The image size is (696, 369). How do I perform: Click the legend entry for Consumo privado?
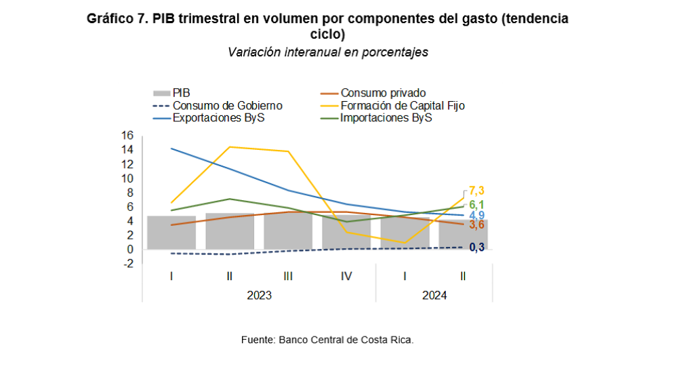[x=383, y=93]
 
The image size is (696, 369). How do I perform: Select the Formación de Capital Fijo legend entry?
[x=402, y=105]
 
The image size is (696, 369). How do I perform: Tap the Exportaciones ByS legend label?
[x=218, y=117]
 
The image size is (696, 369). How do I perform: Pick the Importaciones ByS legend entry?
[x=386, y=117]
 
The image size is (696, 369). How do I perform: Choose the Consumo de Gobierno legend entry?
[x=227, y=105]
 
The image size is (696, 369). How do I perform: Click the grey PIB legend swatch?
[x=161, y=93]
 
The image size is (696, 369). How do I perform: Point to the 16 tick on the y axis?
[x=127, y=135]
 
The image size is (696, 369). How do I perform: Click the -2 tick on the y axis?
[x=127, y=264]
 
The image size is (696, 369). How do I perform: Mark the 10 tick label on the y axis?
[x=127, y=178]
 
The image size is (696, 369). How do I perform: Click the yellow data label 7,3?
[x=478, y=191]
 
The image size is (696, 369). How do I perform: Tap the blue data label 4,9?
[x=477, y=216]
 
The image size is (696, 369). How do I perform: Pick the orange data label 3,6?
[x=477, y=225]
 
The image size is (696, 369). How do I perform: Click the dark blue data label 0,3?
[x=477, y=247]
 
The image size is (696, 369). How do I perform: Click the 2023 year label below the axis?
[x=259, y=295]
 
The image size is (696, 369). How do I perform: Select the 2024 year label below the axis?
[x=434, y=295]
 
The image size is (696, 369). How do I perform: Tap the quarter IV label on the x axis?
[x=346, y=276]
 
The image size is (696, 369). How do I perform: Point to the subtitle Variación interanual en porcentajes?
[x=328, y=52]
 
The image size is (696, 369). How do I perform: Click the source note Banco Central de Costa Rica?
[x=327, y=339]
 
